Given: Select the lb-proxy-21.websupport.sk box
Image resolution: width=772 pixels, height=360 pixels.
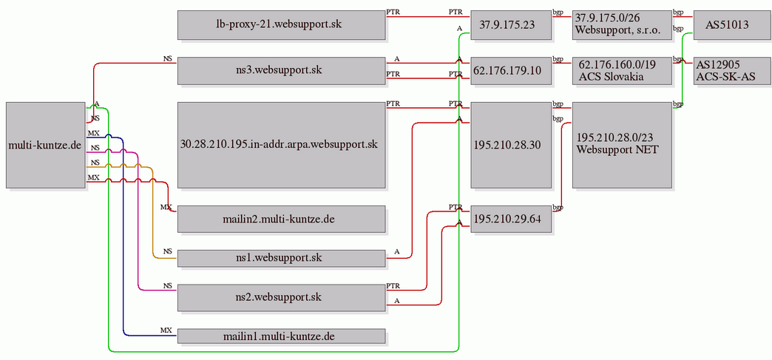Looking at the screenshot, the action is coord(281,25).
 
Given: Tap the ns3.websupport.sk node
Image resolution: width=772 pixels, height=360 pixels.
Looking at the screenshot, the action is coord(281,70).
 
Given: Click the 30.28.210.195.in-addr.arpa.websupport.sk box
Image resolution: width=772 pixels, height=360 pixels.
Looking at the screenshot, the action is coord(281,145).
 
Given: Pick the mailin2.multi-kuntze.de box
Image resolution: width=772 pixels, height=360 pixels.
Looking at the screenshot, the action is coord(281,219).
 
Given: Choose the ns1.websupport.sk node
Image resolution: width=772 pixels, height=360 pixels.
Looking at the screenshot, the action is coord(281,257).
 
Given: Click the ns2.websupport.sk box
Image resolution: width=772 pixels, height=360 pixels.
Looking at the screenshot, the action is coord(281,297).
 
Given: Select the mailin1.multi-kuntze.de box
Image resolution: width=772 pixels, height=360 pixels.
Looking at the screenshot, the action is coord(281,336).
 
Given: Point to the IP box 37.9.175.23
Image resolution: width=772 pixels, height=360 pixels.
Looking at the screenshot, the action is coord(511,25).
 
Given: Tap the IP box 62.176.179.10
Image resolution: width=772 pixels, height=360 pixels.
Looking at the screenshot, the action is coord(511,70).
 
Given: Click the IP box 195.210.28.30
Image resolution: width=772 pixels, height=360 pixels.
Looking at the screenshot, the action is coord(511,145).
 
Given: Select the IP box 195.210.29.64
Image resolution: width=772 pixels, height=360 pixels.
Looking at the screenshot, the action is coord(511,219).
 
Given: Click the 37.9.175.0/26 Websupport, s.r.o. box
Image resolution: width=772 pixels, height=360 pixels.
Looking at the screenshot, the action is coord(623,25).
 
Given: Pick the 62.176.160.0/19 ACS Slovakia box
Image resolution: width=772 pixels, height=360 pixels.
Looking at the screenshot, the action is coord(623,70).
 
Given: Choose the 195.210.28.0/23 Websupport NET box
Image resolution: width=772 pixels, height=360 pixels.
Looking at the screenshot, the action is coord(623,145).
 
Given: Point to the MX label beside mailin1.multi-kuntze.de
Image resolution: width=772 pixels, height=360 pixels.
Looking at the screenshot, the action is coord(166,330).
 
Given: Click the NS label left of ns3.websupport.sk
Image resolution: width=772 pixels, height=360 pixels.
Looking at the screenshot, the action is coord(168,58).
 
